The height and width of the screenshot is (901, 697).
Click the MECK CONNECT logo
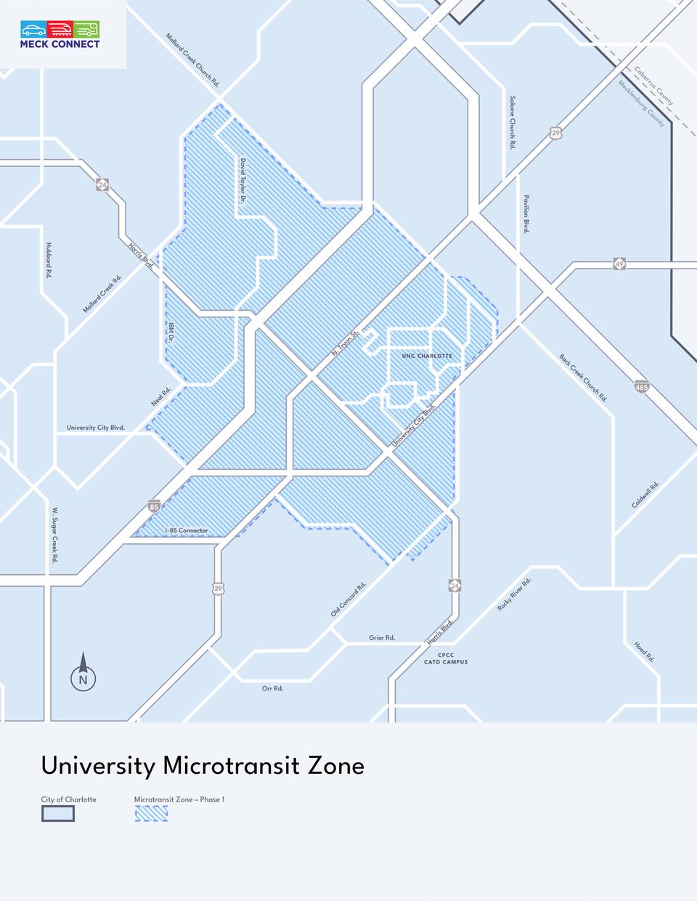(60, 35)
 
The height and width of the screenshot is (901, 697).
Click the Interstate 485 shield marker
(641, 386)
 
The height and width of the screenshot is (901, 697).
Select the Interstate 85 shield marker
(154, 505)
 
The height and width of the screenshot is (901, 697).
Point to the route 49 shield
(619, 264)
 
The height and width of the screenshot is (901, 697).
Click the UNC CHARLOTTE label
(427, 356)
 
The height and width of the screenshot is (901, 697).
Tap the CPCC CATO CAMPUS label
(446, 659)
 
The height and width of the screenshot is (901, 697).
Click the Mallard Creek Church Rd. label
(192, 60)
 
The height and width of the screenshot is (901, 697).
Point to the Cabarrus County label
(654, 86)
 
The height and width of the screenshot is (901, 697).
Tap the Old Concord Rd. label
(348, 599)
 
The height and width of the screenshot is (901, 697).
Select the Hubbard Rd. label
(49, 260)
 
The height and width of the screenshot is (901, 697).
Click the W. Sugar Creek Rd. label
(54, 535)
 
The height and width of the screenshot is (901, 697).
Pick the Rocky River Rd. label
(514, 594)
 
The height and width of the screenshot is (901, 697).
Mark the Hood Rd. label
(644, 651)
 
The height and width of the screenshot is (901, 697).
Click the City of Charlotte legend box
(58, 813)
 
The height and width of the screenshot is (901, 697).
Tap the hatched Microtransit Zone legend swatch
(151, 813)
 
